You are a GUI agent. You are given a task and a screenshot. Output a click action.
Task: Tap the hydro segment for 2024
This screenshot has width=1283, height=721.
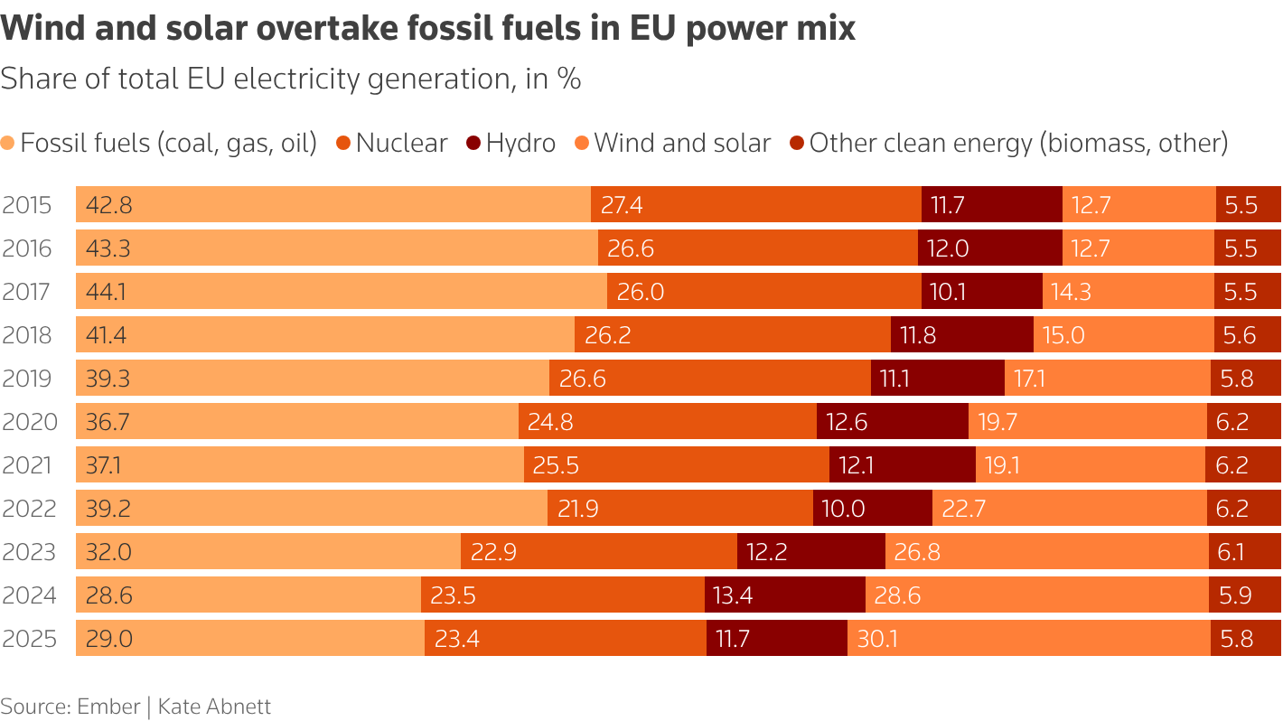(x=784, y=595)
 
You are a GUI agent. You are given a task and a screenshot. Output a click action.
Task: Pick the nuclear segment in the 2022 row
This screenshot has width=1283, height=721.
(x=679, y=509)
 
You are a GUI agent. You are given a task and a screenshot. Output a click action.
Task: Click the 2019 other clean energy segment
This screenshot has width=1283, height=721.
(x=1245, y=379)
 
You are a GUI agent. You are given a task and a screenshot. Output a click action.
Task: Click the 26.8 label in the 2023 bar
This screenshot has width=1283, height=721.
(x=917, y=552)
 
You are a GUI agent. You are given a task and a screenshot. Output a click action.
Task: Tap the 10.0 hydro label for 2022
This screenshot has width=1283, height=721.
(x=844, y=509)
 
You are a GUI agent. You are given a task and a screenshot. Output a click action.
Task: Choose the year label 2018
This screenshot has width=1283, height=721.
(x=27, y=335)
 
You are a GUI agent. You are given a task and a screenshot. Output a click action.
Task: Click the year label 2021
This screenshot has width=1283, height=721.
(x=27, y=465)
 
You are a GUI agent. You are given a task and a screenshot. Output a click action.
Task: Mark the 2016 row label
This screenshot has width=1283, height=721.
(x=27, y=248)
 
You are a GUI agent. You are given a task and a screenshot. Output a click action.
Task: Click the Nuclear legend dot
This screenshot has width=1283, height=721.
(x=344, y=143)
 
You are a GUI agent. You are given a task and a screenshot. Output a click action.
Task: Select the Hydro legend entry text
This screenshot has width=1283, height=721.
(x=520, y=143)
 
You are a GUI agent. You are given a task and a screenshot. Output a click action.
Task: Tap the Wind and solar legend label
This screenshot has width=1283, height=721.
(x=682, y=143)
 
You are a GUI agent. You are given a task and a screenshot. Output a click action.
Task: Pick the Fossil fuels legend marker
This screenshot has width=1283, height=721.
(x=8, y=143)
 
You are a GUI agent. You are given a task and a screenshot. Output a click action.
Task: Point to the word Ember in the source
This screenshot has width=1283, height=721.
(x=109, y=706)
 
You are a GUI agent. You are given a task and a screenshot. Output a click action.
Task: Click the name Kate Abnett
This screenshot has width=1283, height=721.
(x=214, y=706)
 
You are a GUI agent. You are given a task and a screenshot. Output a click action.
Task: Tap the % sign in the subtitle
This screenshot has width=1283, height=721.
(x=568, y=79)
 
